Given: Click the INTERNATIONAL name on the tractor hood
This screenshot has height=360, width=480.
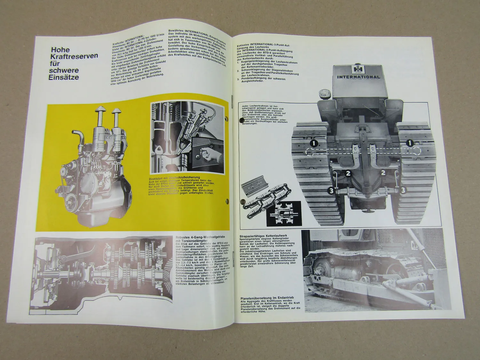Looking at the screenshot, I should coord(358,77).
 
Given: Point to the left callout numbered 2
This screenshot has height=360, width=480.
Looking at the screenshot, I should coord(348,173).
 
